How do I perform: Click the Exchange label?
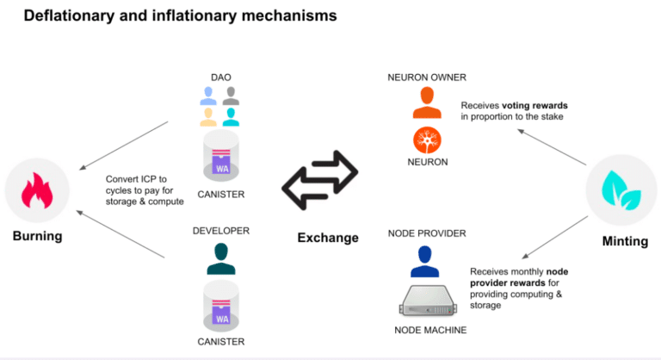327,238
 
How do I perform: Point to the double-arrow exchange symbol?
320,180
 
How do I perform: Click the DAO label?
221,78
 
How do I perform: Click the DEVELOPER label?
221,231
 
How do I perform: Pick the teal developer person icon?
221,258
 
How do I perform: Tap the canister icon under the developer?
221,305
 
